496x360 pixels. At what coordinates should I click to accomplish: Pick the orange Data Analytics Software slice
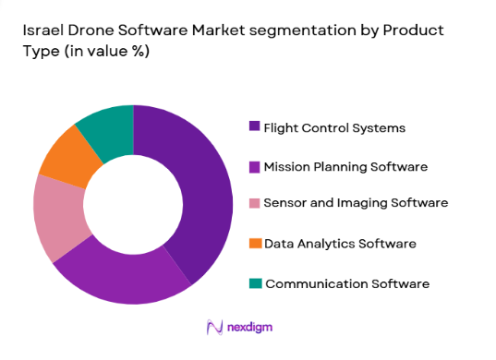[70, 157]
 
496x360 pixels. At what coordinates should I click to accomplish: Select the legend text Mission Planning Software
[345, 166]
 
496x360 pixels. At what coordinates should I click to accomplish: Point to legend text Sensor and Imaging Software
[356, 203]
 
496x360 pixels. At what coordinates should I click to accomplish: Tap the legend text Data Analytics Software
[340, 244]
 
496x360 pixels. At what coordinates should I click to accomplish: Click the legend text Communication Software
[346, 283]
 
